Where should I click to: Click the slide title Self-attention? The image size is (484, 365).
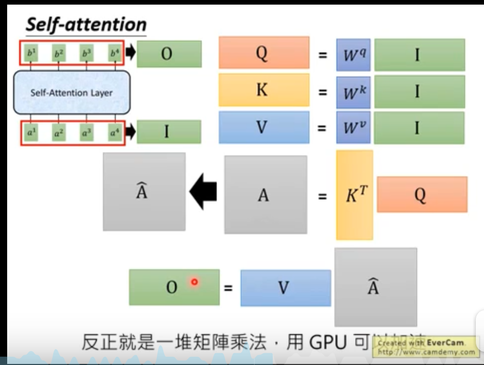click(x=86, y=24)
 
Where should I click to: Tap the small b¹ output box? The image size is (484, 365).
click(x=32, y=53)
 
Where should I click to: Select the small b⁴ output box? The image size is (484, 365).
click(x=114, y=53)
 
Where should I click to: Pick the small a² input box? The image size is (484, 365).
click(x=59, y=133)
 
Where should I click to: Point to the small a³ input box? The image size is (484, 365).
click(x=86, y=133)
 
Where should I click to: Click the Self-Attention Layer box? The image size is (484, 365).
click(x=72, y=93)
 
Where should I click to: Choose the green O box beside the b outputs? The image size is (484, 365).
click(x=169, y=54)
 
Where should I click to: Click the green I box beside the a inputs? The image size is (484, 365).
click(x=169, y=132)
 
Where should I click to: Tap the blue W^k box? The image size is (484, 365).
click(x=354, y=92)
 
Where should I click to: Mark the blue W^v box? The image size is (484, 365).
click(x=354, y=127)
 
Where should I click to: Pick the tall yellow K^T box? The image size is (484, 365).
click(x=354, y=195)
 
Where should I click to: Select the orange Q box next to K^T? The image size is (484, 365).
click(x=422, y=195)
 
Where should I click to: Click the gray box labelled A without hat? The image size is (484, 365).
click(x=265, y=195)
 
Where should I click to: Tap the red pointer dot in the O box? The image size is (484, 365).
click(x=194, y=282)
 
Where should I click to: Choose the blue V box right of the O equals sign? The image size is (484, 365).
click(x=285, y=288)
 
